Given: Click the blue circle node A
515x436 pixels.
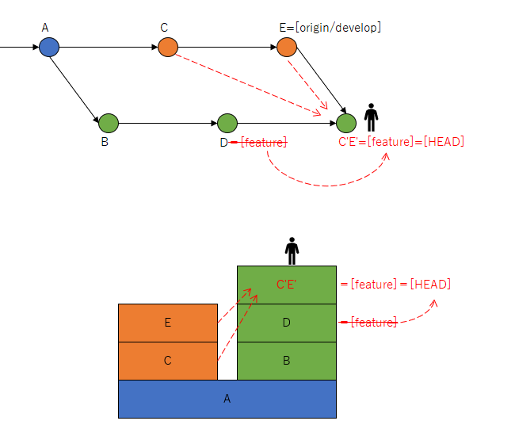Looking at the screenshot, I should [x=49, y=48].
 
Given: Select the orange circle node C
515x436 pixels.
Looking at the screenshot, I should [x=168, y=48].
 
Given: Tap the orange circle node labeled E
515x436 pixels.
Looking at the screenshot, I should [x=287, y=48].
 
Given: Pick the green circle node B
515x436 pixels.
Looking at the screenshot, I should [x=109, y=123].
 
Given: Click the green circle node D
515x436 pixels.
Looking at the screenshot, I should [x=227, y=123].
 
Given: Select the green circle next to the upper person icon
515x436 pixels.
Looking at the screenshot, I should [x=346, y=123].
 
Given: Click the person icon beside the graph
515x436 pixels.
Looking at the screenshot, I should [x=371, y=117].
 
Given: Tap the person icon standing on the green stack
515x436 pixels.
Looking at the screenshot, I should [x=292, y=251].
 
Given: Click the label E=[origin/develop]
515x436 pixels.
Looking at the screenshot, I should [x=330, y=28].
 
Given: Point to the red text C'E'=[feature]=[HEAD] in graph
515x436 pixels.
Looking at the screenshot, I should [x=401, y=142].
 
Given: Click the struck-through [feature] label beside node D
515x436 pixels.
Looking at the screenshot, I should [x=262, y=142].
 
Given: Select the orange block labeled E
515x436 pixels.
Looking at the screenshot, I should [x=168, y=323].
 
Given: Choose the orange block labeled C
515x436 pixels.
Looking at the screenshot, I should [x=168, y=361].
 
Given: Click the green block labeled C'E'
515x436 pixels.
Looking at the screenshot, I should [x=287, y=285].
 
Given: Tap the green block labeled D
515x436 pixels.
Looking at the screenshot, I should [x=287, y=323].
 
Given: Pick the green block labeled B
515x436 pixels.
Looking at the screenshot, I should [x=287, y=361].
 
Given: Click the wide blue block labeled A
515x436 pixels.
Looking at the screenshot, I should [x=227, y=399].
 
